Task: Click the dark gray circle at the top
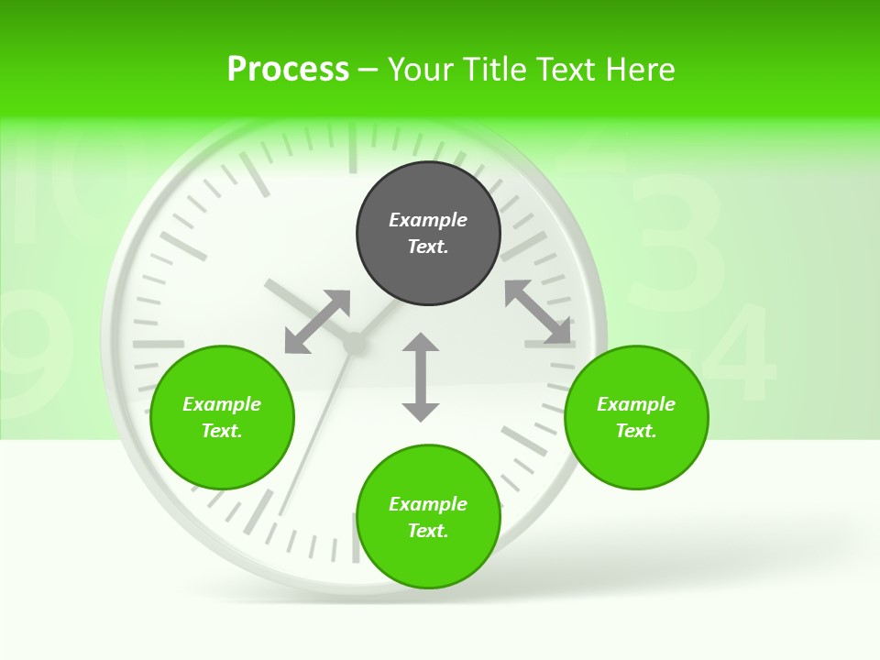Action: click(x=428, y=234)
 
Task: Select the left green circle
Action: click(x=222, y=417)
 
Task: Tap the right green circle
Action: click(x=636, y=417)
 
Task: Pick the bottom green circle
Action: click(x=428, y=517)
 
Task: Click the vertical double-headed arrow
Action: click(x=421, y=377)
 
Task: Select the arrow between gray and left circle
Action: click(x=317, y=322)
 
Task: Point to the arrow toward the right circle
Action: click(x=538, y=312)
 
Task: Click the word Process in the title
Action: click(x=288, y=69)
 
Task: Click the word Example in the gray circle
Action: click(x=428, y=220)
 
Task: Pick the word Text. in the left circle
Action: click(x=222, y=431)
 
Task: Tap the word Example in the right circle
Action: click(x=636, y=404)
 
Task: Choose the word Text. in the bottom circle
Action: click(x=428, y=531)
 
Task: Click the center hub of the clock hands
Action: click(x=354, y=343)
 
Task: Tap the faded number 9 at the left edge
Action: click(x=37, y=344)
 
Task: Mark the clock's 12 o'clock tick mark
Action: click(x=351, y=147)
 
